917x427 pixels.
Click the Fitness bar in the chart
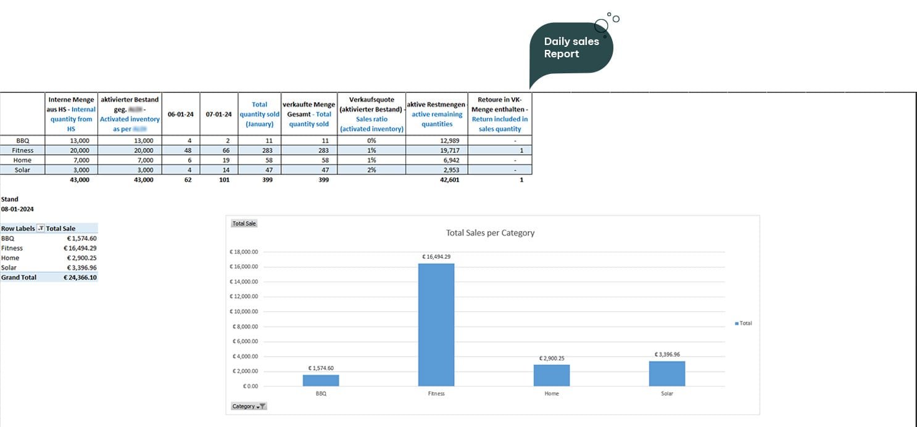[436, 325]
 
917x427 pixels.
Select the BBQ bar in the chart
[321, 380]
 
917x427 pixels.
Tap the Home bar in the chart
[551, 375]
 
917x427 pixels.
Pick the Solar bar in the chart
[666, 373]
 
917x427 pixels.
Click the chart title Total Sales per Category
[490, 233]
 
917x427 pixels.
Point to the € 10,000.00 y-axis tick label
[244, 311]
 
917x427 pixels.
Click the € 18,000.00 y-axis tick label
[244, 251]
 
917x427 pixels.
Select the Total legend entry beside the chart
[744, 323]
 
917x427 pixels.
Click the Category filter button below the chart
[249, 406]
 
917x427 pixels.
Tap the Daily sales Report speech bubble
[571, 48]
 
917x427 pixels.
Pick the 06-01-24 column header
[180, 114]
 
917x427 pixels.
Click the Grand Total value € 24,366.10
[80, 277]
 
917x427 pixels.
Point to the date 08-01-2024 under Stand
[17, 209]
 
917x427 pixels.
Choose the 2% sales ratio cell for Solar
[371, 170]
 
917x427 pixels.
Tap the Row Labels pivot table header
[18, 228]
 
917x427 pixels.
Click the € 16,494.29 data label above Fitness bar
[436, 256]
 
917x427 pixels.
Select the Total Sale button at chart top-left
[244, 224]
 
